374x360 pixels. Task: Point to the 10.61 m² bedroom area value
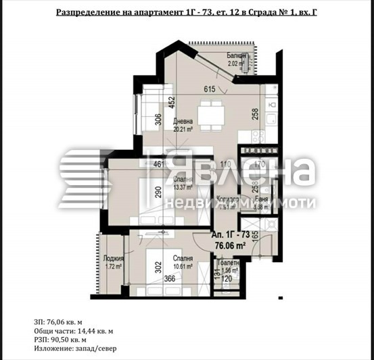click(183, 266)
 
